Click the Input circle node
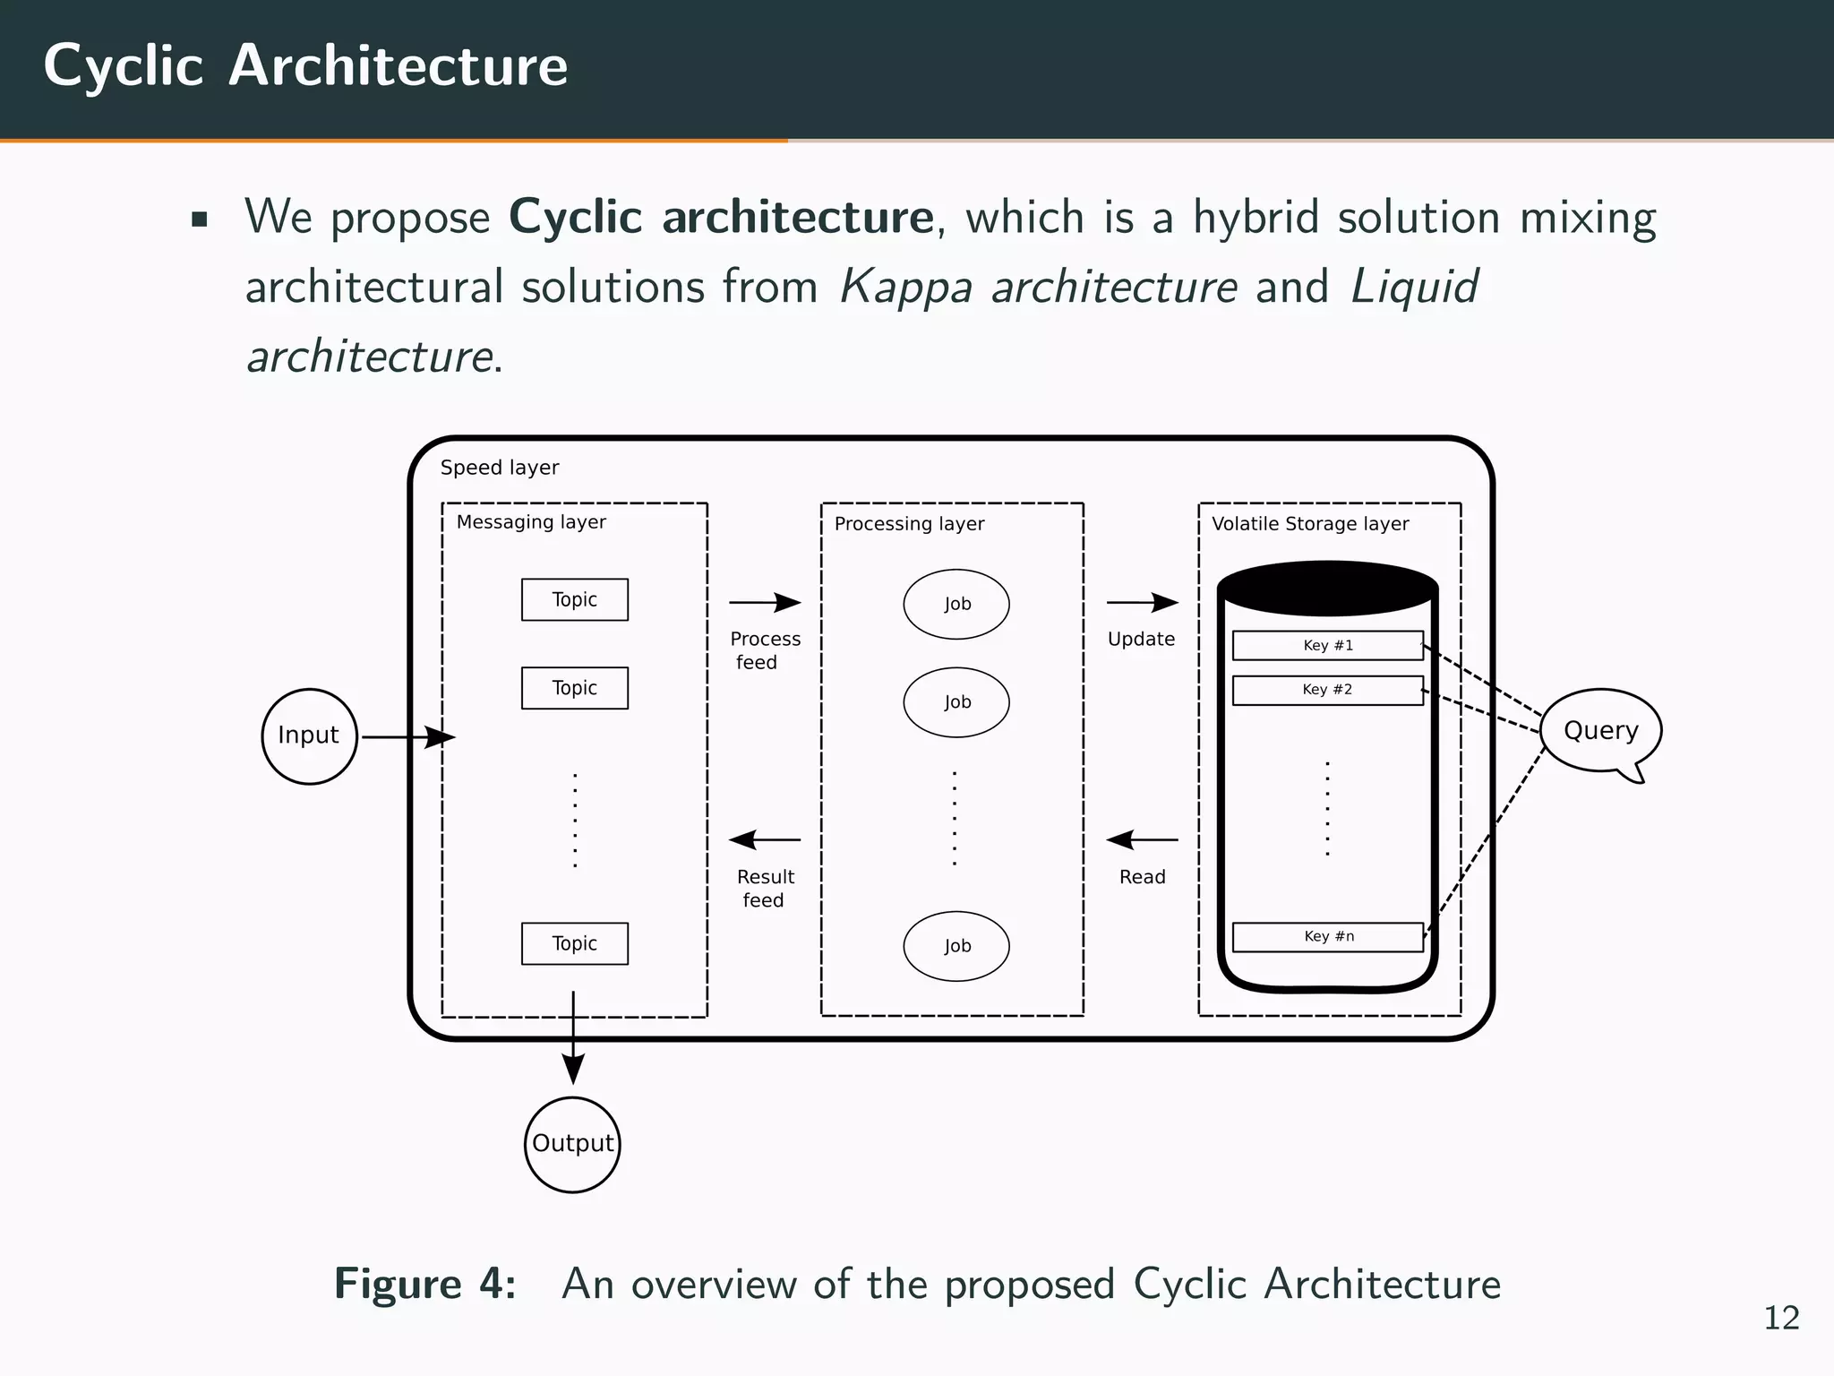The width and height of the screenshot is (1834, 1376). click(309, 736)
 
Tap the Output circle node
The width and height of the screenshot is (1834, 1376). click(572, 1144)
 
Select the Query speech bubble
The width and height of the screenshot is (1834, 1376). click(1601, 730)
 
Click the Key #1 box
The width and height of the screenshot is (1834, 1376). click(1327, 645)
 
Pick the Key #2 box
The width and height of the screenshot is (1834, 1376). click(1327, 690)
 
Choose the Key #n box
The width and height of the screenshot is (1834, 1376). click(1327, 936)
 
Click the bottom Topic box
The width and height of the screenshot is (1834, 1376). click(574, 943)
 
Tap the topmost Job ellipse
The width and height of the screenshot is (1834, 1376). click(956, 604)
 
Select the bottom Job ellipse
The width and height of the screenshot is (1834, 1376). click(956, 946)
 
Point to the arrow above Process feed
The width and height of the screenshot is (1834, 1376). click(765, 603)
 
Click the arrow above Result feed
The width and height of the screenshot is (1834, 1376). click(765, 840)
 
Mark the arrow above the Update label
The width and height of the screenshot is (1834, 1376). click(1142, 603)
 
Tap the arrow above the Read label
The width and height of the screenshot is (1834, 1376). click(1142, 840)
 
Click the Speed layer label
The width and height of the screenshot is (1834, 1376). click(500, 468)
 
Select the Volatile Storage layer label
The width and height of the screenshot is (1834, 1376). click(1310, 524)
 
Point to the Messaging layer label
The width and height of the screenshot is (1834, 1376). click(531, 522)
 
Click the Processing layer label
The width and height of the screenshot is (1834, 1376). click(909, 524)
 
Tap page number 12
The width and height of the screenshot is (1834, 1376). click(1781, 1319)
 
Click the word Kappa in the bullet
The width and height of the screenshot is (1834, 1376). click(905, 288)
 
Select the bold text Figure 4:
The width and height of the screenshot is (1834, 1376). click(425, 1284)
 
